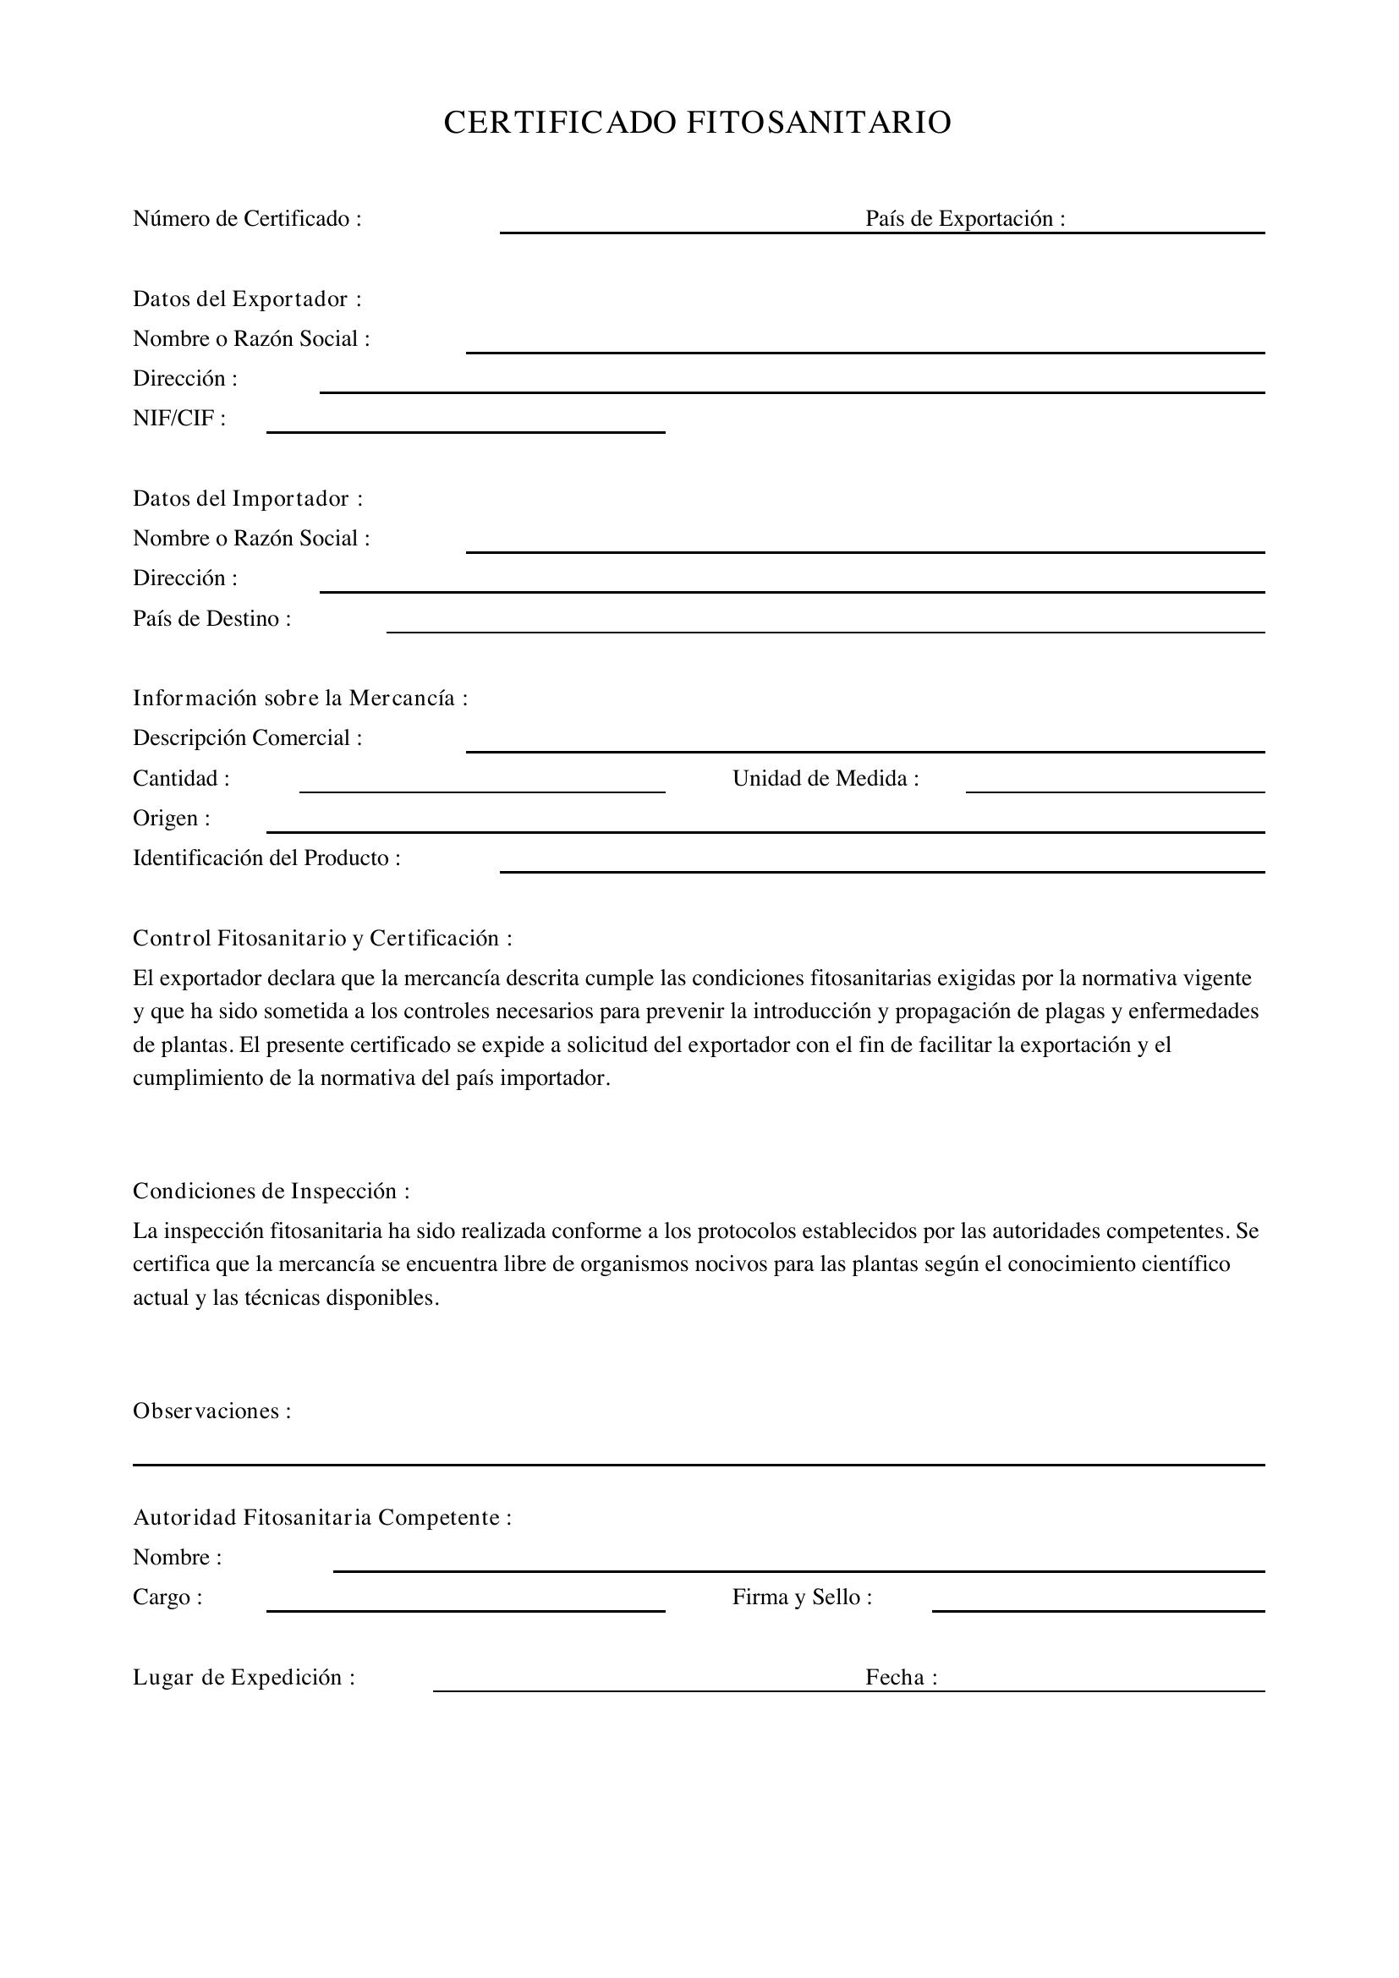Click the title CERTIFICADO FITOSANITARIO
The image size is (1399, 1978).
click(697, 123)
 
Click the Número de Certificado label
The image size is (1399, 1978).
click(247, 219)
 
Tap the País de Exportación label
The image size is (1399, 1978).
click(965, 219)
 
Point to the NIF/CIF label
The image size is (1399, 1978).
click(179, 419)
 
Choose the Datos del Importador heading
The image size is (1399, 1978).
click(248, 499)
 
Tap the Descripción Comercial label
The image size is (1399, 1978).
click(247, 738)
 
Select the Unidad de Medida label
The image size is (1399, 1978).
click(826, 779)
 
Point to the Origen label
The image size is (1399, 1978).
click(172, 819)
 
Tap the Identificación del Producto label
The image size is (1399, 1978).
click(266, 858)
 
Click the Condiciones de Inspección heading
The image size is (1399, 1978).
click(271, 1192)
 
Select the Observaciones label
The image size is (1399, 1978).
click(212, 1411)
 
